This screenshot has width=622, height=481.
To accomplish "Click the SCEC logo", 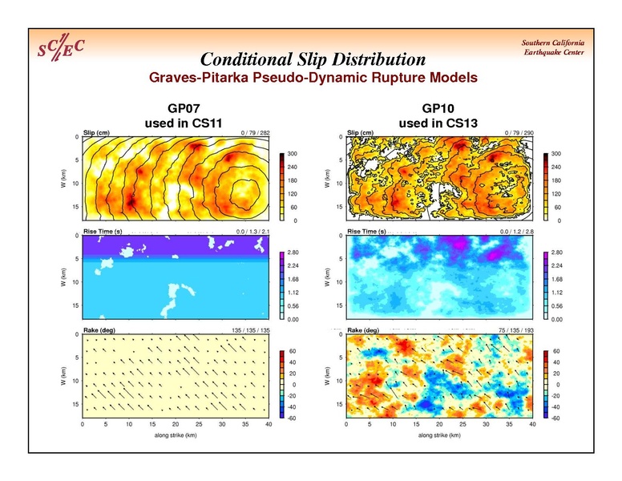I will point(62,50).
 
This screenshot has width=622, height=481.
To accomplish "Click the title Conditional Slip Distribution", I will point(313,60).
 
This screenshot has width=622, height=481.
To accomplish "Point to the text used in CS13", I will point(438,123).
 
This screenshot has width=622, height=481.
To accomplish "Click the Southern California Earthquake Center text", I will point(553,47).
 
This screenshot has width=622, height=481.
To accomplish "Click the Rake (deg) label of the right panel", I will point(365,330).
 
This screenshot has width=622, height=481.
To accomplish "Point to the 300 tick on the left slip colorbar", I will point(293,153).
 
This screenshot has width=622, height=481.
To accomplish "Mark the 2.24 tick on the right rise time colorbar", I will point(556,265).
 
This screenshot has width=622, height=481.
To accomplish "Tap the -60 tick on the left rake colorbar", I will point(293,418).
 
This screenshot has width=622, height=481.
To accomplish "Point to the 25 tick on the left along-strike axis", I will point(199,424).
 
